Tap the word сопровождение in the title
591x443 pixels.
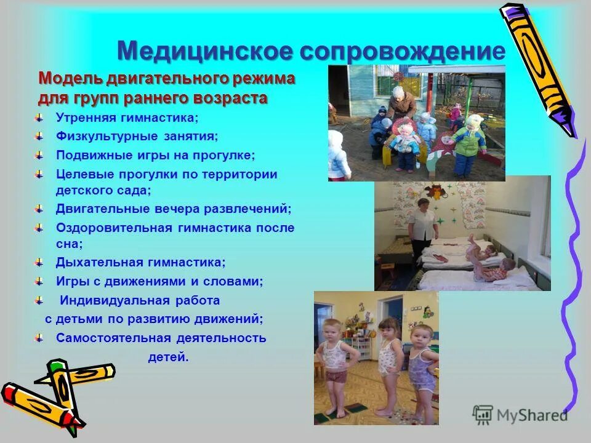pos(403,51)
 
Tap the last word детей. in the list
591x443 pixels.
pos(168,357)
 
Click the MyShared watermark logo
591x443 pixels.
pos(520,415)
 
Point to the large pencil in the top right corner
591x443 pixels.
pos(539,68)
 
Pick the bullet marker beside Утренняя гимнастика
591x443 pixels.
pos(39,118)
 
